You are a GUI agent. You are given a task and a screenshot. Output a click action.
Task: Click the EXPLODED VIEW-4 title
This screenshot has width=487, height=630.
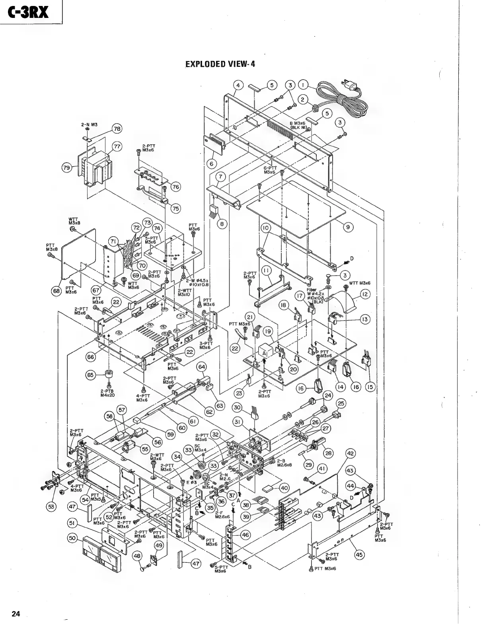pyautogui.click(x=220, y=64)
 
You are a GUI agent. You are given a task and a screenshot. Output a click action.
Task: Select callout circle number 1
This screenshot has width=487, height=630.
pyautogui.click(x=304, y=85)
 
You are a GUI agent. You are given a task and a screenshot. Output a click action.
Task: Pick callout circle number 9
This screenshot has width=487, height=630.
pyautogui.click(x=348, y=227)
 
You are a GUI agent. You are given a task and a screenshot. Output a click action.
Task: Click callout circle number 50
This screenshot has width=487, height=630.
pyautogui.click(x=72, y=538)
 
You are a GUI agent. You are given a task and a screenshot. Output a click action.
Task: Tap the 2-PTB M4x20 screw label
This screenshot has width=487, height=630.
pyautogui.click(x=108, y=393)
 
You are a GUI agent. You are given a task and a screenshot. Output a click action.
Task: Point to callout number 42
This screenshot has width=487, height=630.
pyautogui.click(x=351, y=454)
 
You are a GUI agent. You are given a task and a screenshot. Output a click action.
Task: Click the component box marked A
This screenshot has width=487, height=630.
pyautogui.click(x=263, y=352)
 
